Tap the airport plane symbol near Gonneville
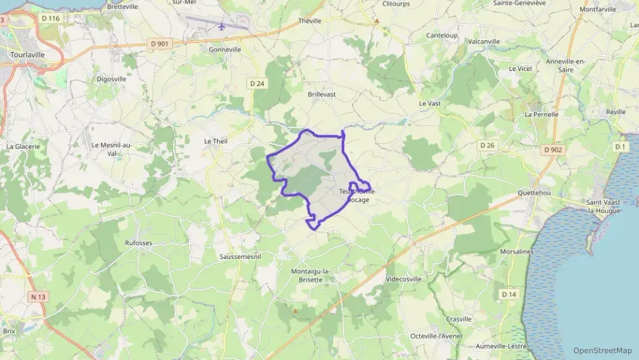tap(222, 27)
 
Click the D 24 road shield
tap(257, 83)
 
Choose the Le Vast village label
tap(430, 103)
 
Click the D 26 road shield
tap(487, 146)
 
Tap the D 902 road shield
tap(553, 149)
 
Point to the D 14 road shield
tap(509, 294)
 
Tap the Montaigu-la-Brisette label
tap(311, 275)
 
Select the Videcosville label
tap(403, 279)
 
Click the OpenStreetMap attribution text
tap(602, 350)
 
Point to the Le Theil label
tap(215, 141)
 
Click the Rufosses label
tap(139, 243)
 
